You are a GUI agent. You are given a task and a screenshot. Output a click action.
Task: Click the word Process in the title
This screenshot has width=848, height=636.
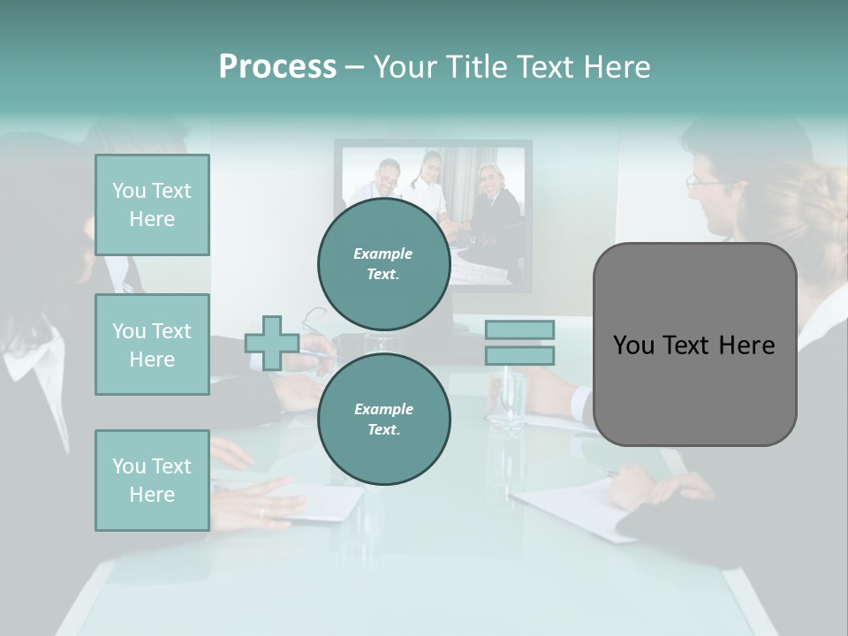pos(277,66)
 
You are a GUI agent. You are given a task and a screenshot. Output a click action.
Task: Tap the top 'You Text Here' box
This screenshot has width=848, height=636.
pos(152,205)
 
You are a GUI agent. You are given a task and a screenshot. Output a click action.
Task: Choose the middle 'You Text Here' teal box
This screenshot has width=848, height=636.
pos(152,344)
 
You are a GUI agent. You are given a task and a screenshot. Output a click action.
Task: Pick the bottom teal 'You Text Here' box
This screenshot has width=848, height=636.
pos(152,480)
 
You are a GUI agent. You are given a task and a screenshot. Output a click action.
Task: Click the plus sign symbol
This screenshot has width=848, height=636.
pos(272,343)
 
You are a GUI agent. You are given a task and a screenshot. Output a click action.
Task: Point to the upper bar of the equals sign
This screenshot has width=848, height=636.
pos(519,329)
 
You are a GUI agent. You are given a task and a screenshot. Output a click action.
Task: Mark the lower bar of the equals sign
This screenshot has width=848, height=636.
pos(519,355)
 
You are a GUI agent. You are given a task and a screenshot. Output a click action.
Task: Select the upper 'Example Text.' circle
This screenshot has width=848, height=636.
pos(383,264)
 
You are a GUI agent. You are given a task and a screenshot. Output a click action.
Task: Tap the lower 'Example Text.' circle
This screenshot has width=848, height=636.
pos(383,419)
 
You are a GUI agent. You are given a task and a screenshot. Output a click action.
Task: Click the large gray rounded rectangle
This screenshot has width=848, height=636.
pos(694,397)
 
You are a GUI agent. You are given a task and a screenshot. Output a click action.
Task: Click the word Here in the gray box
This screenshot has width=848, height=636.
pos(746,345)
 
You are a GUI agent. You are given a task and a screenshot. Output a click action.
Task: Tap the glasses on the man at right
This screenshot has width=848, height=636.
pos(703,181)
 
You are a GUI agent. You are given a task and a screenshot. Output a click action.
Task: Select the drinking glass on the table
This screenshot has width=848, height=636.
pos(507,397)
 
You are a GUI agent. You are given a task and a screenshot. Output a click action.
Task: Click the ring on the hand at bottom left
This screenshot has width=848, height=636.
pos(261,511)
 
